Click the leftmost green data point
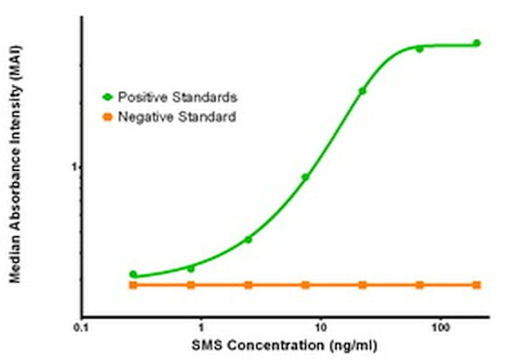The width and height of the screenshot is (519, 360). coord(133,274)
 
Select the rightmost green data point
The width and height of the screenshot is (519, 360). coord(477,43)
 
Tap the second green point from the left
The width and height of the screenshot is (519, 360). coord(191,268)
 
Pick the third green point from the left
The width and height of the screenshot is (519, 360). coord(248,239)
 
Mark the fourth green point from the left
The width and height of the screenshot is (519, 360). coord(305,177)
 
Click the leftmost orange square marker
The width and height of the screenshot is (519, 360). coord(133,285)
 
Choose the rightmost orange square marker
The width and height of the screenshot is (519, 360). coord(477,285)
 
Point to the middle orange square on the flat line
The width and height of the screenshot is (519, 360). coord(305,285)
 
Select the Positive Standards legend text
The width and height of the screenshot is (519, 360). coord(177,97)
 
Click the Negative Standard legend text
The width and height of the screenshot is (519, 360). coord(176,117)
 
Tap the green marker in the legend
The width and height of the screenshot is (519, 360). coord(108,97)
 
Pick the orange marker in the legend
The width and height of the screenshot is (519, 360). coord(108,117)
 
